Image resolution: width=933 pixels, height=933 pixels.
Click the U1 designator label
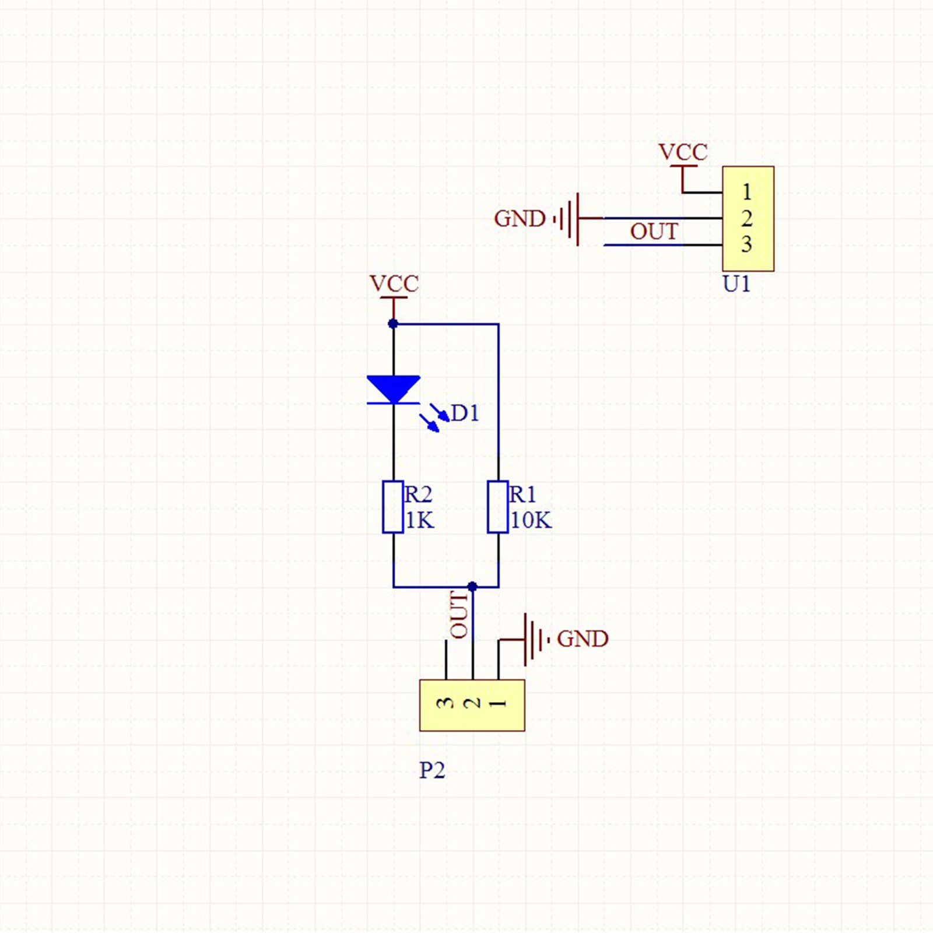click(x=736, y=284)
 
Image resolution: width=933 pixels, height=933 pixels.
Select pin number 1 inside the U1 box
click(x=747, y=192)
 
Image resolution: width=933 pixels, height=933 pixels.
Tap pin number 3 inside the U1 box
click(x=747, y=244)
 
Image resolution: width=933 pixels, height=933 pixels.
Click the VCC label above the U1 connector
click(x=683, y=152)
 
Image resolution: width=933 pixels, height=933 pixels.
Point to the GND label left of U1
click(x=520, y=219)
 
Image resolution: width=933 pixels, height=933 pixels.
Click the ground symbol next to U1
click(x=569, y=219)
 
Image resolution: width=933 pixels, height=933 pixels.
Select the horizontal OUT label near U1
click(x=654, y=232)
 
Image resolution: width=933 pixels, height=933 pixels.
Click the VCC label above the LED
click(x=394, y=284)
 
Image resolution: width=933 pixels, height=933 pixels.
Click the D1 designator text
click(x=465, y=413)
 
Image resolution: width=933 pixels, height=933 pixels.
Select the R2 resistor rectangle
click(x=393, y=507)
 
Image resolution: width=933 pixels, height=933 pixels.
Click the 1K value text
click(x=420, y=520)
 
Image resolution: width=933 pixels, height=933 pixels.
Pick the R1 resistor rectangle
click(x=498, y=507)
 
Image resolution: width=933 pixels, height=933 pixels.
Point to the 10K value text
click(x=531, y=520)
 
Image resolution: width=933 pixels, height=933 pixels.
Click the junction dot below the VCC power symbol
click(x=393, y=324)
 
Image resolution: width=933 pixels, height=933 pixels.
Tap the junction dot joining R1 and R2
click(x=472, y=586)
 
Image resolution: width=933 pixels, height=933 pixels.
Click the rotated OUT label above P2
click(x=459, y=615)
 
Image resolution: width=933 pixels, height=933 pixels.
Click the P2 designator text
click(x=432, y=770)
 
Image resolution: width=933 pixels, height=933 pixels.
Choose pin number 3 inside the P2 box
click(x=446, y=703)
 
